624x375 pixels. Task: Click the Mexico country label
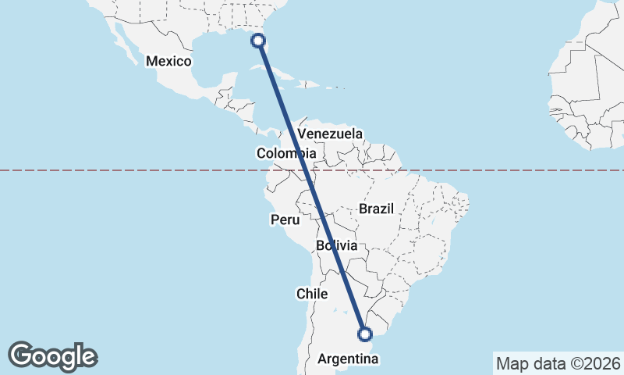(x=168, y=61)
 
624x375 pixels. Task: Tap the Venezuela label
(x=330, y=134)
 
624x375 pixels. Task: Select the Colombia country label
(x=286, y=153)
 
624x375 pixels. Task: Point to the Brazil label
(x=377, y=209)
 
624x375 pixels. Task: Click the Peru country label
(x=285, y=220)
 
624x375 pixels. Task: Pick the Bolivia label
(x=337, y=246)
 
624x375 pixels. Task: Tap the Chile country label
(x=311, y=294)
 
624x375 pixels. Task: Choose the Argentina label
(x=349, y=359)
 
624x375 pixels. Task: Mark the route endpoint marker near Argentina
(x=364, y=334)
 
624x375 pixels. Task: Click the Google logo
(x=53, y=356)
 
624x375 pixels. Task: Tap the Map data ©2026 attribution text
(x=557, y=363)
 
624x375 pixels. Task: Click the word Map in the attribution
(x=513, y=363)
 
